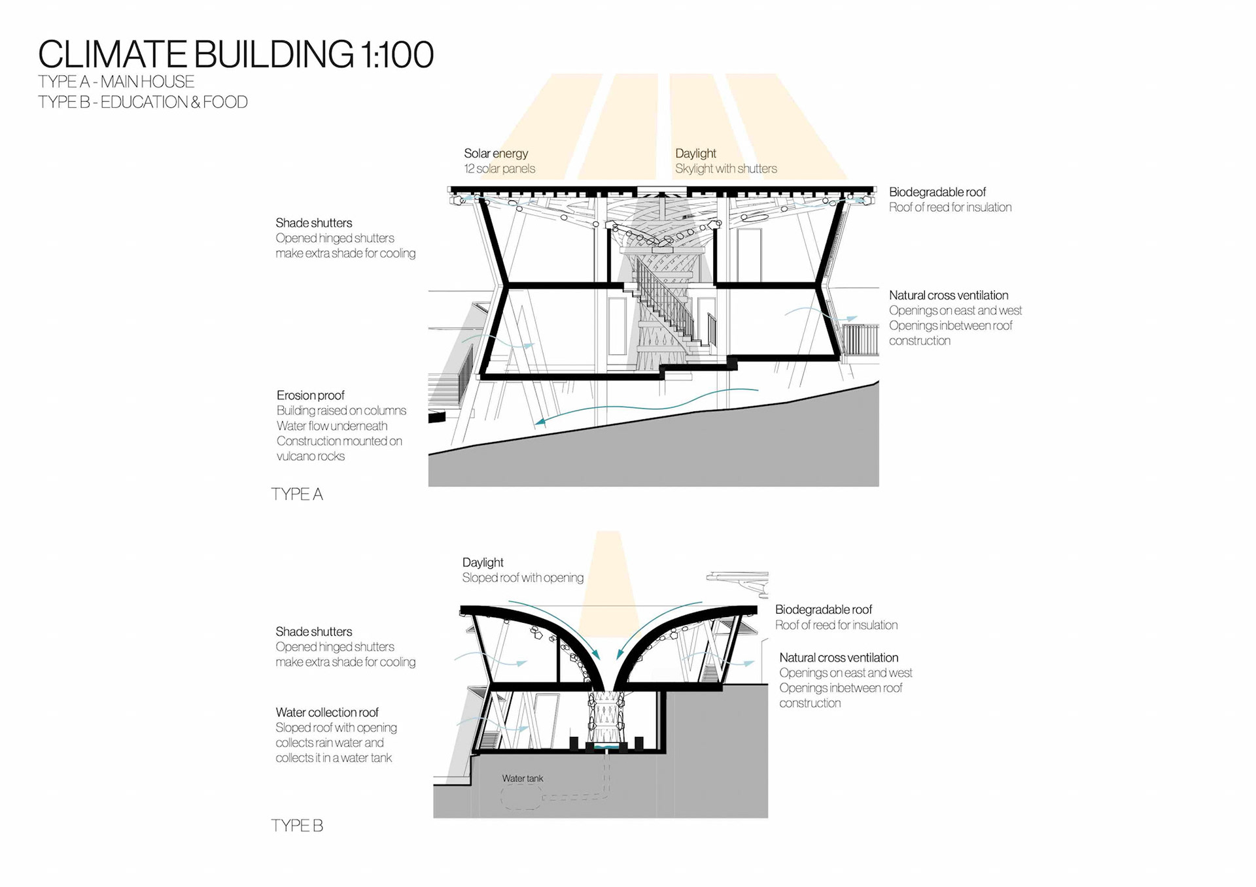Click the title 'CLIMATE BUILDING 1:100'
click(235, 54)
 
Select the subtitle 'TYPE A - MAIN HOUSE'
click(116, 82)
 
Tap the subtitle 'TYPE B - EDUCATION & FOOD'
click(143, 102)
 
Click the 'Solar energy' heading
click(496, 154)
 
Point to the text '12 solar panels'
click(499, 169)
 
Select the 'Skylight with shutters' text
click(725, 169)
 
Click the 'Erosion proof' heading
click(310, 395)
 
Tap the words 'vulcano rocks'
click(310, 456)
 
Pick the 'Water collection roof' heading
click(327, 712)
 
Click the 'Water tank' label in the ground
click(522, 778)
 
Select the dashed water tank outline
click(521, 797)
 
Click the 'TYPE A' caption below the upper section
click(297, 494)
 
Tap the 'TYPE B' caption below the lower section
click(297, 826)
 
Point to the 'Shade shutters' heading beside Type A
click(313, 223)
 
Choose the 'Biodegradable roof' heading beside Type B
click(823, 610)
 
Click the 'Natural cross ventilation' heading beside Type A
click(948, 295)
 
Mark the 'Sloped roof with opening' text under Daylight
click(522, 578)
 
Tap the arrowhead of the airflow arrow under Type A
click(540, 422)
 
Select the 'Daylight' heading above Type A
click(695, 154)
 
